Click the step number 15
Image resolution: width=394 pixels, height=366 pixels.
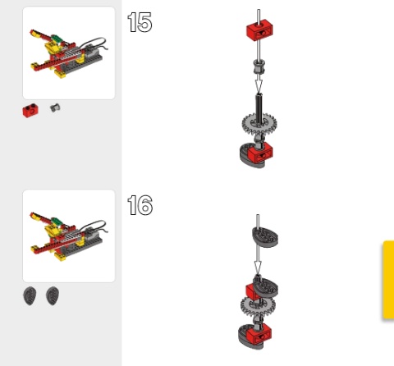pyautogui.click(x=140, y=22)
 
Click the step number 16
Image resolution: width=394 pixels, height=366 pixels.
pyautogui.click(x=140, y=205)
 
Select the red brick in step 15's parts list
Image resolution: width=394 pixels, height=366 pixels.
pyautogui.click(x=30, y=110)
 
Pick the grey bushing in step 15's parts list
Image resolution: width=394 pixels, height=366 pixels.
pyautogui.click(x=55, y=108)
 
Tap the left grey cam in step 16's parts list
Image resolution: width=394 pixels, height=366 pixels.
pyautogui.click(x=30, y=295)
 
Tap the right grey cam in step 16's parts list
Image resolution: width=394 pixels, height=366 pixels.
pyautogui.click(x=53, y=295)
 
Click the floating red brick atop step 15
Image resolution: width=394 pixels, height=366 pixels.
pyautogui.click(x=259, y=30)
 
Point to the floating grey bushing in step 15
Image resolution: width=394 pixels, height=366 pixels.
pyautogui.click(x=259, y=67)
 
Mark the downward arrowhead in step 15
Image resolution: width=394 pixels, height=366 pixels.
pyautogui.click(x=259, y=86)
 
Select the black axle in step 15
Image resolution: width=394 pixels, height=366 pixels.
pyautogui.click(x=259, y=109)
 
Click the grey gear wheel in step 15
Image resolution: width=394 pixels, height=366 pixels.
pyautogui.click(x=259, y=125)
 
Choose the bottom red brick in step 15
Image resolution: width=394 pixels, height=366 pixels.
pyautogui.click(x=260, y=152)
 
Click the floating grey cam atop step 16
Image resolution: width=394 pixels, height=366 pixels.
pyautogui.click(x=265, y=236)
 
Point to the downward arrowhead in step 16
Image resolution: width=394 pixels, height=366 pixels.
pyautogui.click(x=258, y=268)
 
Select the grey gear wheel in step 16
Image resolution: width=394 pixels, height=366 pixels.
pyautogui.click(x=258, y=306)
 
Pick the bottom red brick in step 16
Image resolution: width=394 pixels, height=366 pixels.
pyautogui.click(x=259, y=334)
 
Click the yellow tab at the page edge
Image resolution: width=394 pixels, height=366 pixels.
pyautogui.click(x=388, y=280)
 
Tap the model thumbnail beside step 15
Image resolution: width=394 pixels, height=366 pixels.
pyautogui.click(x=69, y=53)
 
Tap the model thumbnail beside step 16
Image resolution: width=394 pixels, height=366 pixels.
pyautogui.click(x=69, y=236)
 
